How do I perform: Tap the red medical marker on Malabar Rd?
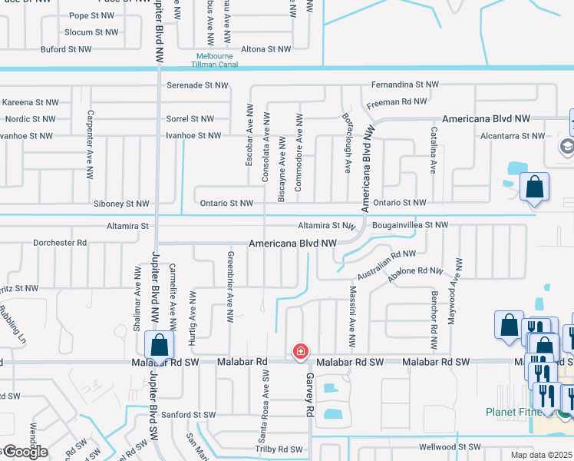coord(301,352)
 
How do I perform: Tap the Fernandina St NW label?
coord(404,84)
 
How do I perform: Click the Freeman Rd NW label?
coord(397,101)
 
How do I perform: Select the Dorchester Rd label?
coord(60,243)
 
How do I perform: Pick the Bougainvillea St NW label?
coord(409,225)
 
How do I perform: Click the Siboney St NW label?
coord(121,204)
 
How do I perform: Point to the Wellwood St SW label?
coord(449,446)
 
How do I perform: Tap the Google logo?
coord(25,451)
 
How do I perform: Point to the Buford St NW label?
coord(66,49)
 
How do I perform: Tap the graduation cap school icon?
coord(567,146)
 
